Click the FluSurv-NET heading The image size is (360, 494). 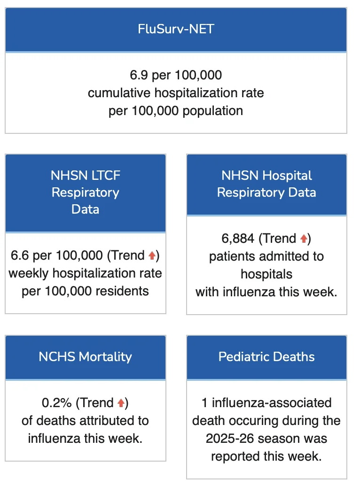[x=176, y=29]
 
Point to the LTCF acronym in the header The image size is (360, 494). [x=105, y=176]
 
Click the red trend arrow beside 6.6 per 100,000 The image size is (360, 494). [x=152, y=255]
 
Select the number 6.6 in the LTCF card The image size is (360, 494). [x=20, y=255]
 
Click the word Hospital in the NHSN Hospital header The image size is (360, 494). [x=287, y=176]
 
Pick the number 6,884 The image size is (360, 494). [x=238, y=239]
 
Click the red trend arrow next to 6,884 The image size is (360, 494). [x=304, y=239]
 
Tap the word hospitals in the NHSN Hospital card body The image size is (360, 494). [x=266, y=274]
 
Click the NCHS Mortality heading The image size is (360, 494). [x=85, y=356]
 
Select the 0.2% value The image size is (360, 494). [x=56, y=402]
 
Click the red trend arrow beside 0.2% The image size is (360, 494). [x=121, y=402]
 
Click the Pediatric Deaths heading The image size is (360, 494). [x=266, y=356]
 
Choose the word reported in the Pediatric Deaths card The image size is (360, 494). [x=235, y=456]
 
